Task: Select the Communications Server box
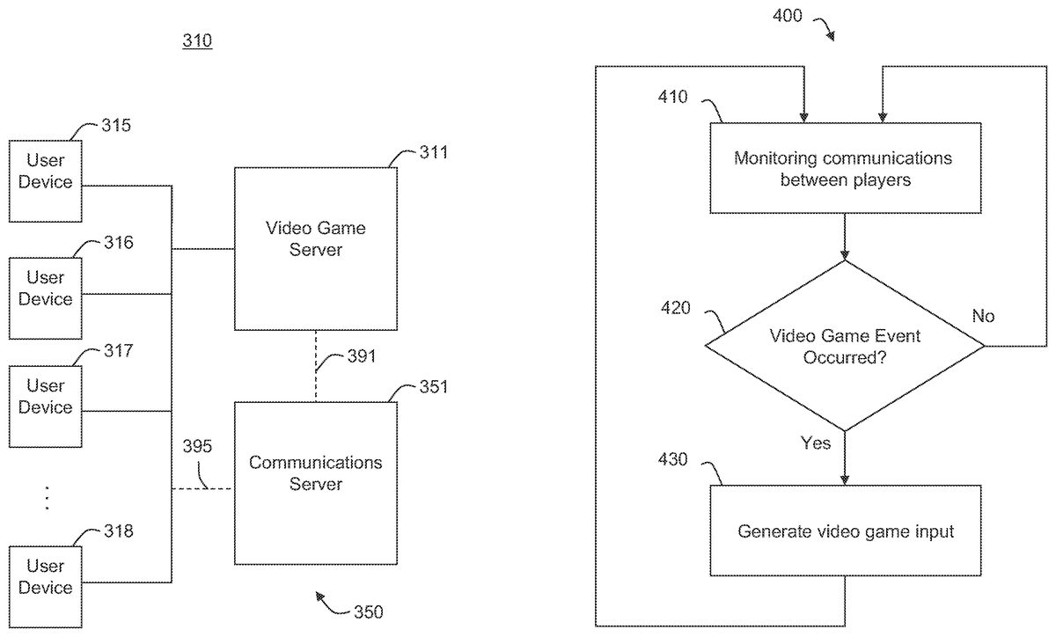[x=315, y=482]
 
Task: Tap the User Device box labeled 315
[x=46, y=180]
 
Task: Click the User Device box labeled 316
[x=46, y=297]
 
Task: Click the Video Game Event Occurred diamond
[x=844, y=346]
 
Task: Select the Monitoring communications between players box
[x=844, y=168]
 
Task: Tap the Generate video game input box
[x=844, y=531]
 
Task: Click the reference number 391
[x=361, y=356]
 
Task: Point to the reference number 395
[x=197, y=447]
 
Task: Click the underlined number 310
[x=197, y=41]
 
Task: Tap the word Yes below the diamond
[x=815, y=443]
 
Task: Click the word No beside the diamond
[x=983, y=315]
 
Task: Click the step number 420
[x=675, y=308]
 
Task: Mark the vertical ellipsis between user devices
[x=46, y=498]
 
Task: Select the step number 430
[x=675, y=461]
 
